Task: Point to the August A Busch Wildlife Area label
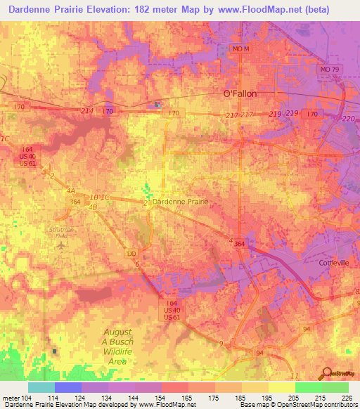pyautogui.click(x=118, y=342)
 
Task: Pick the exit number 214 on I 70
pyautogui.click(x=86, y=111)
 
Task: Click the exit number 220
pyautogui.click(x=347, y=119)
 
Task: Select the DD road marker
pyautogui.click(x=131, y=252)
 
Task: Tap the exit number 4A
pyautogui.click(x=70, y=190)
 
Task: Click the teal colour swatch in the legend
pyautogui.click(x=41, y=387)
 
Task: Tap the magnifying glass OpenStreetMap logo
pyautogui.click(x=326, y=373)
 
